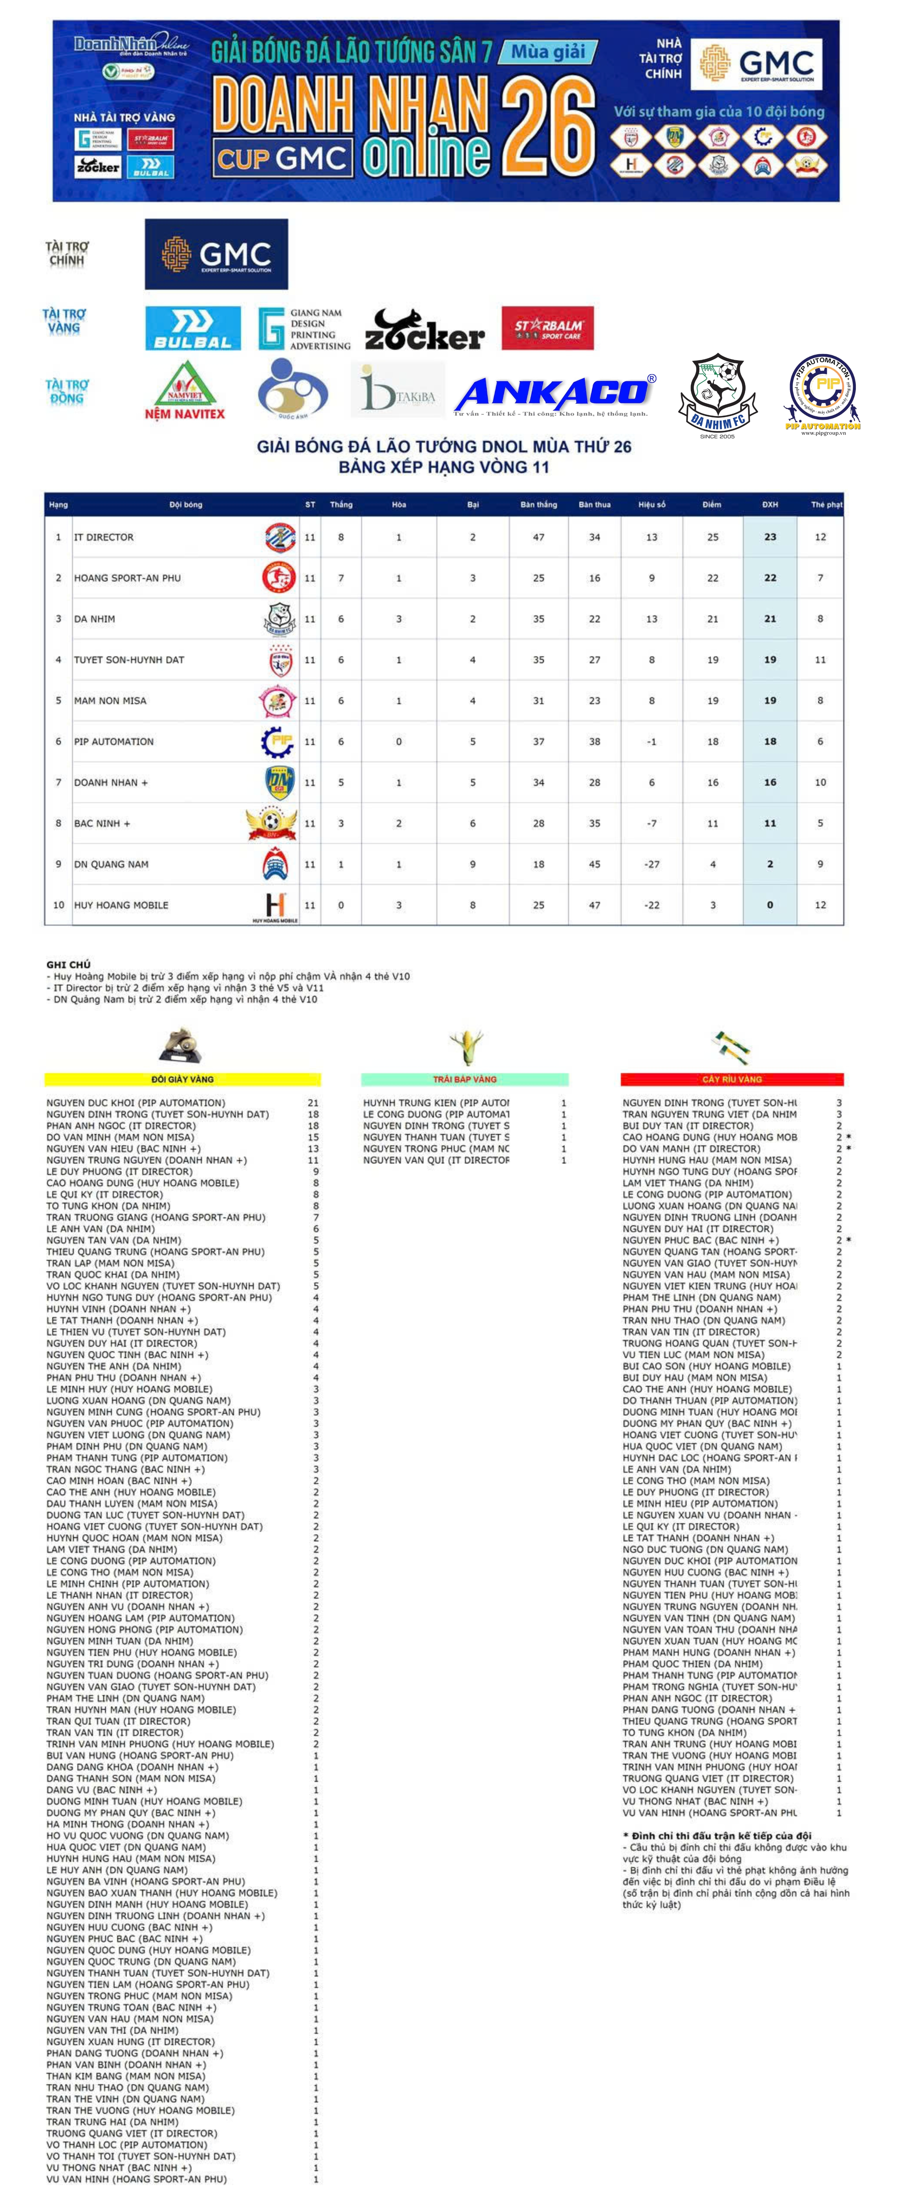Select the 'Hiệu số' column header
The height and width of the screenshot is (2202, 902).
click(x=652, y=504)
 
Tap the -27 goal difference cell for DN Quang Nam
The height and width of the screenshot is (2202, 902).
click(x=652, y=864)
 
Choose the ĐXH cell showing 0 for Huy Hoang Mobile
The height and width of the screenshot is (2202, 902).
click(x=770, y=905)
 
